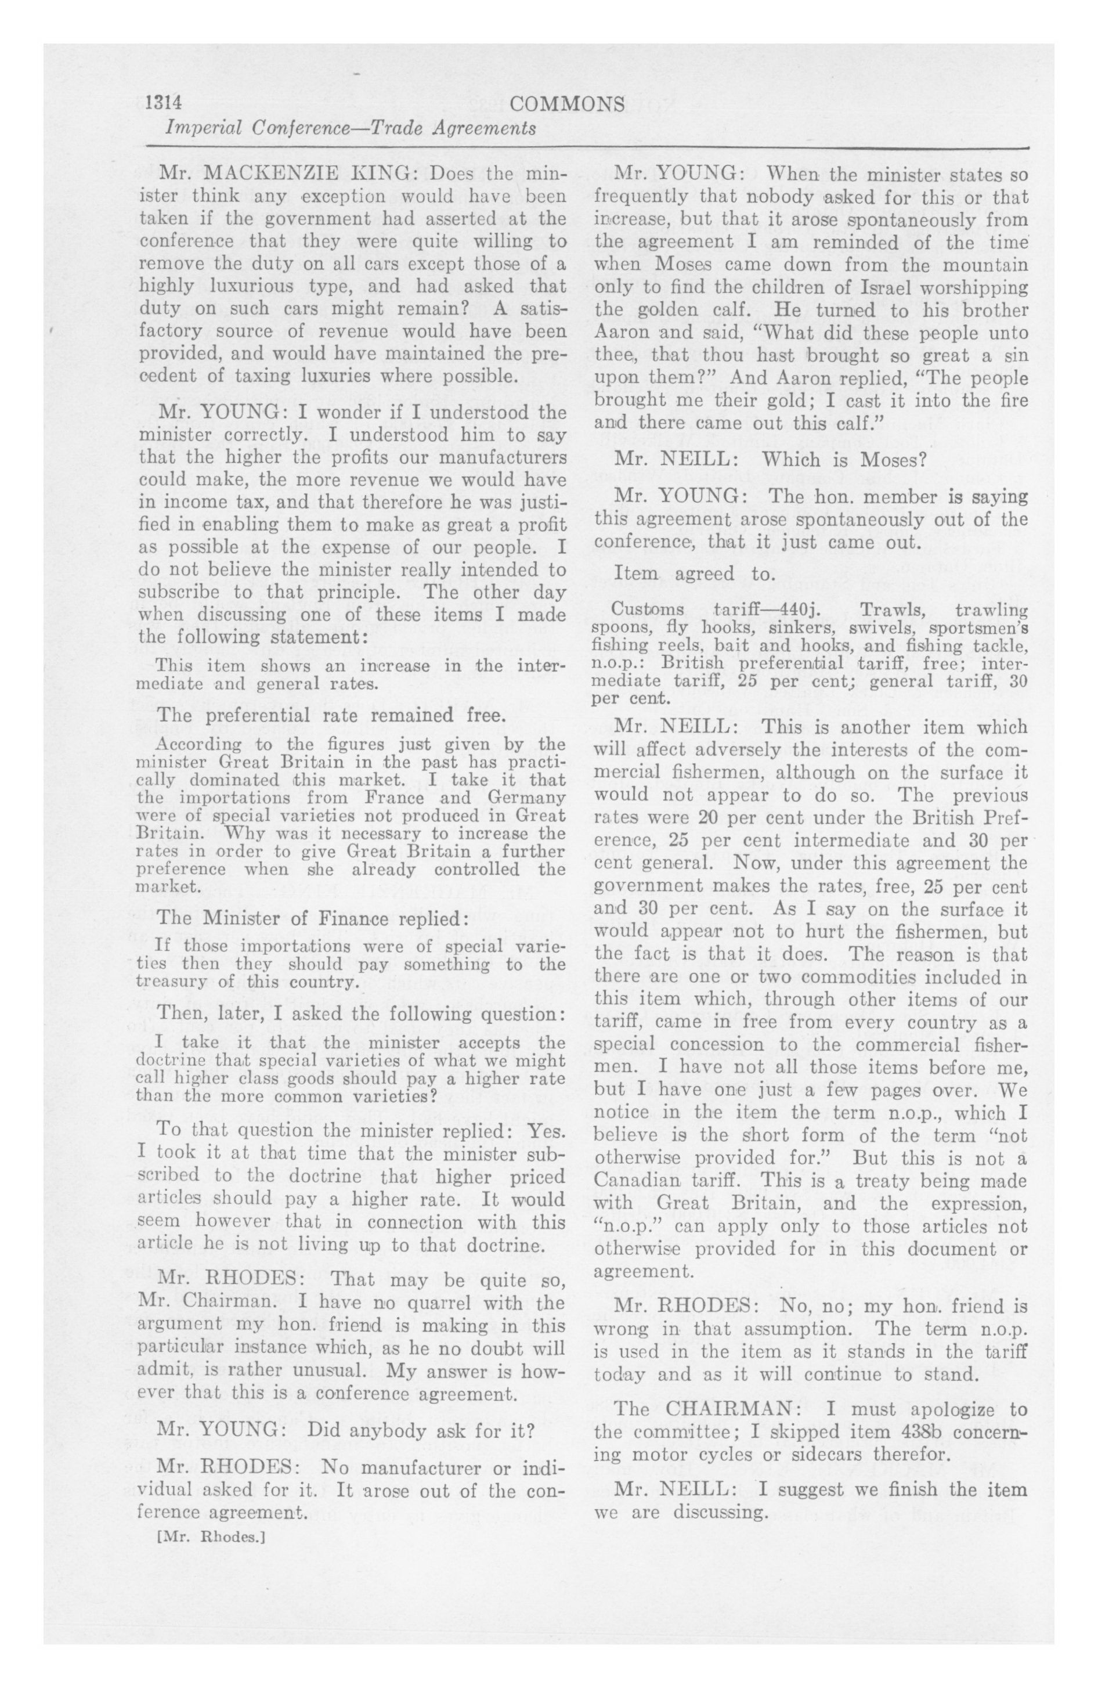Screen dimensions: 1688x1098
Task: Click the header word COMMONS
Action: pyautogui.click(x=568, y=104)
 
